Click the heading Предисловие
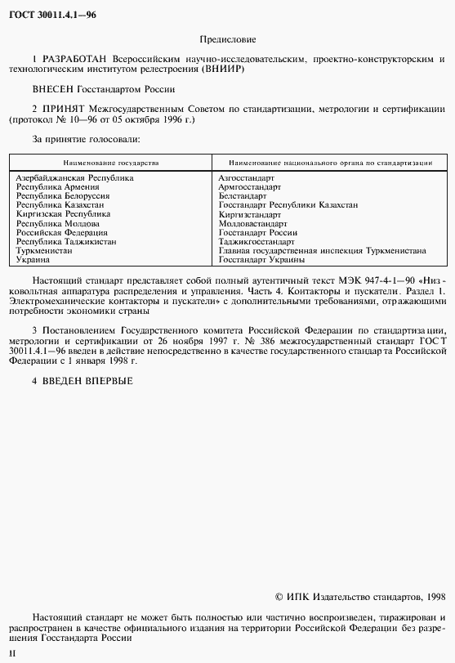point(227,39)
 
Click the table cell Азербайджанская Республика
point(74,177)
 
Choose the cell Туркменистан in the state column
point(44,250)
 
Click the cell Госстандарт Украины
point(261,259)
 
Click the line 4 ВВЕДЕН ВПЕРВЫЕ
point(82,381)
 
